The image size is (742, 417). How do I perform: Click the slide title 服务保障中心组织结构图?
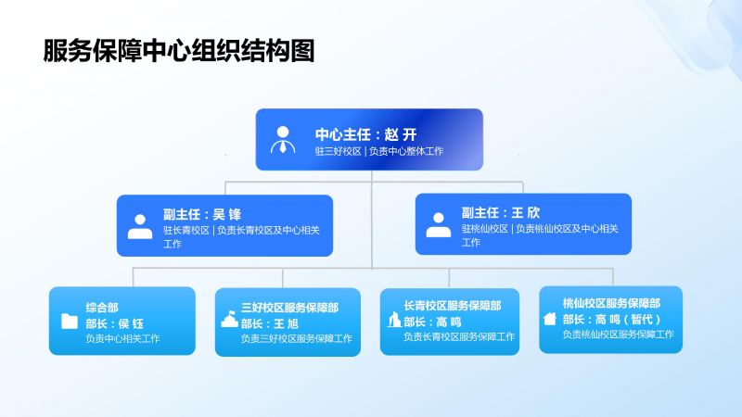(x=179, y=51)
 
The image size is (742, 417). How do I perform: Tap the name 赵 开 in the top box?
(x=401, y=134)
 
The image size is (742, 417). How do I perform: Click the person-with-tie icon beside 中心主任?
(x=283, y=140)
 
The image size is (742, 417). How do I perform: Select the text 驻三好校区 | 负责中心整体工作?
(x=379, y=151)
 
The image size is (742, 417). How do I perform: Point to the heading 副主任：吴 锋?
(x=202, y=215)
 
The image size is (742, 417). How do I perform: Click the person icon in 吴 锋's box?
(x=140, y=226)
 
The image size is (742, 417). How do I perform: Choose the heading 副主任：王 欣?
(x=501, y=213)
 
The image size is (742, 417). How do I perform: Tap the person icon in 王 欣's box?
(x=438, y=224)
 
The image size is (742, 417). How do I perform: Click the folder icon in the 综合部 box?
(x=69, y=321)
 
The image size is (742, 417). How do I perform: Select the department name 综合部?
(x=102, y=308)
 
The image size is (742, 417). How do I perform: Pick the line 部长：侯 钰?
(x=114, y=323)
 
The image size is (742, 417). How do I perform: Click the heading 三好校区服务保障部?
(x=289, y=308)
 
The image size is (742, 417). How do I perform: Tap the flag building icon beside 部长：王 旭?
(x=229, y=319)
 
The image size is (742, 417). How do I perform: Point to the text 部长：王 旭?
(x=270, y=323)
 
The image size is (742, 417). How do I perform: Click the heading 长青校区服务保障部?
(x=453, y=306)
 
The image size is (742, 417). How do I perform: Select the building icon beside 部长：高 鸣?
(x=394, y=319)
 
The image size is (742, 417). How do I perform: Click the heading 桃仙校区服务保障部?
(x=611, y=303)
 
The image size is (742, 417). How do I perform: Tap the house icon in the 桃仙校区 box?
(x=550, y=319)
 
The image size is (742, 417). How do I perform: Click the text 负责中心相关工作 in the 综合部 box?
(x=122, y=338)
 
